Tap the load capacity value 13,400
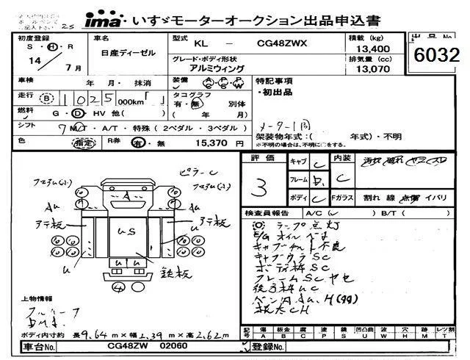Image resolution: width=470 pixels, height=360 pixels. coord(366,48)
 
